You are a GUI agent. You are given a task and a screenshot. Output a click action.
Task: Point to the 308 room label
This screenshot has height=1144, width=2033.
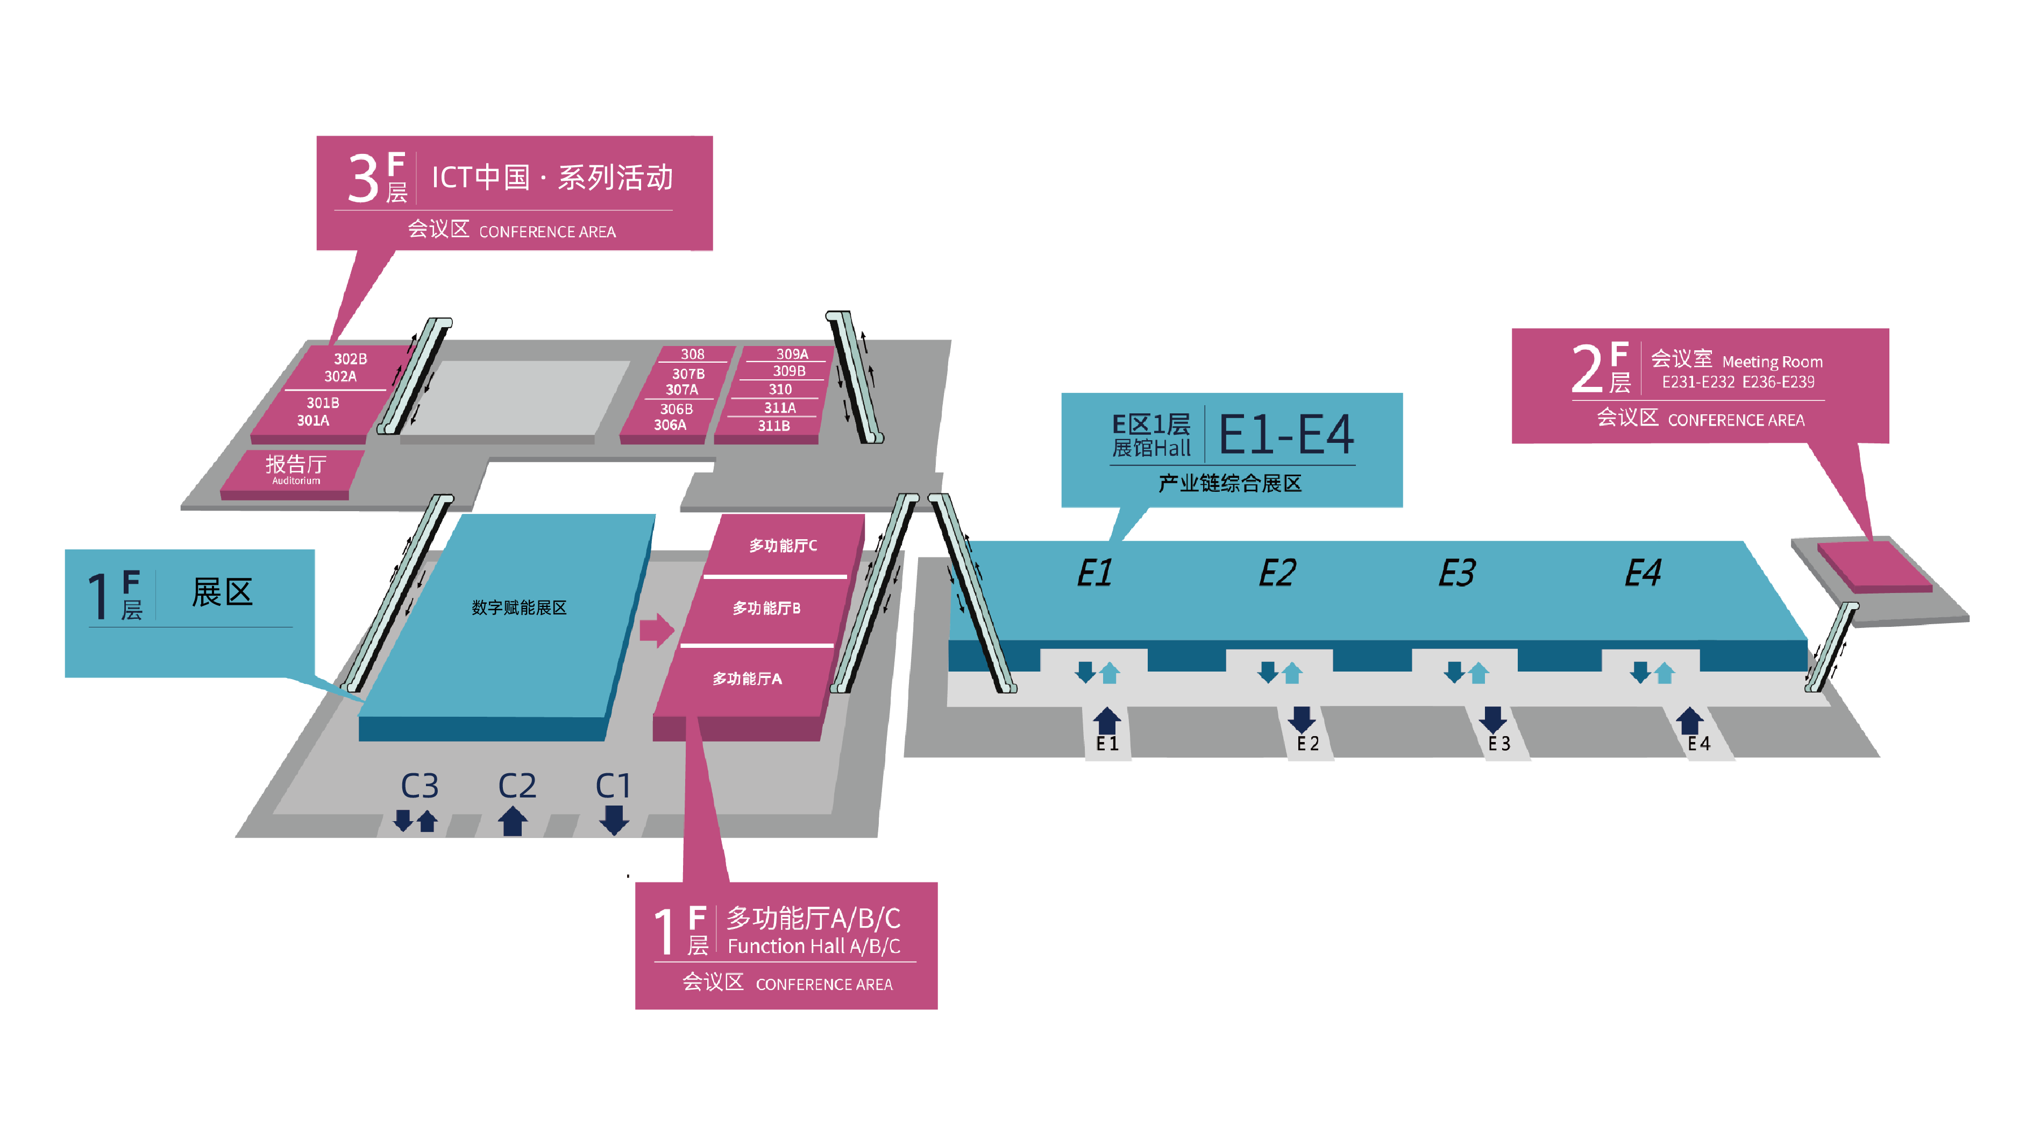coord(692,355)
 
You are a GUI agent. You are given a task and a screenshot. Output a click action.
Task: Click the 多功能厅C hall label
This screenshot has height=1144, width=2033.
coord(783,546)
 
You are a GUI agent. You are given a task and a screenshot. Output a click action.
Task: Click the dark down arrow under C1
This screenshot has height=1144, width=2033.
coord(614,820)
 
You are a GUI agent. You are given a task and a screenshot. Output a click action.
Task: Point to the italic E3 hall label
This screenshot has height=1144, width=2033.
coord(1457,573)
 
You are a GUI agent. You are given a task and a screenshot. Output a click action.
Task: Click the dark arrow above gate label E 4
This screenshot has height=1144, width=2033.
coord(1689,721)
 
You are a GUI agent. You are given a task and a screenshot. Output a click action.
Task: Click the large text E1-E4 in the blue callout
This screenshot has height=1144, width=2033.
coord(1286,434)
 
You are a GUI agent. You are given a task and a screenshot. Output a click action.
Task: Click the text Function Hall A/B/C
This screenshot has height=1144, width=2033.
coord(814,947)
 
